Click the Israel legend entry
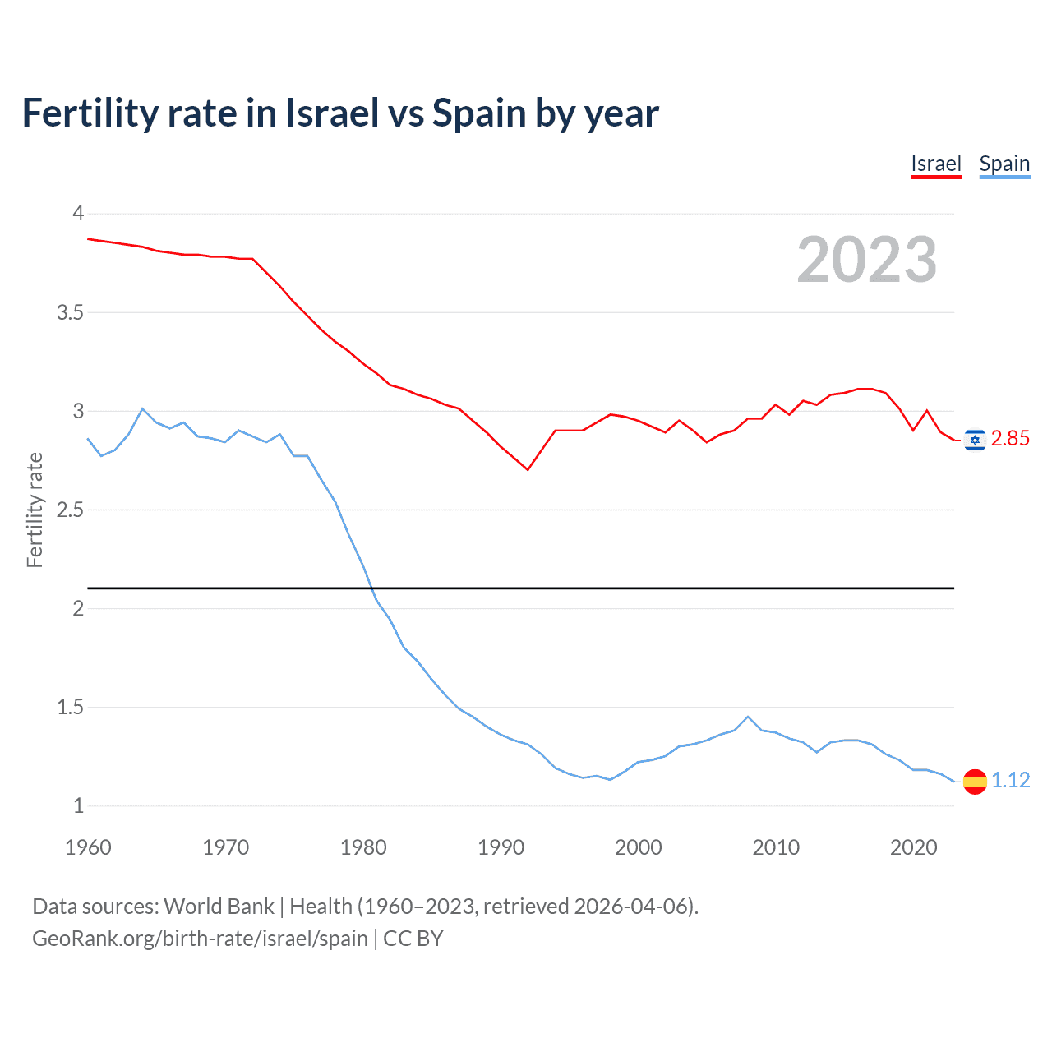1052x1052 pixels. pos(935,164)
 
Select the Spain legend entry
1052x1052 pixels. pos(1004,164)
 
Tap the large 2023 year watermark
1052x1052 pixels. pos(866,260)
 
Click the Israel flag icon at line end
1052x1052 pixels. pos(975,440)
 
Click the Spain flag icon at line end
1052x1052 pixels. pos(975,781)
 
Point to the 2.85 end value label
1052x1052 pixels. pos(1010,439)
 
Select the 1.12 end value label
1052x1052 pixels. pos(1010,780)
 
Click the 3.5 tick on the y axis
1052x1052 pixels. pos(70,312)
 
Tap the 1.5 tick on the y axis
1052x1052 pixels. pos(70,707)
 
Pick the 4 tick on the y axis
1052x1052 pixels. pos(78,214)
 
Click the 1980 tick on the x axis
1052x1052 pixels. pos(363,847)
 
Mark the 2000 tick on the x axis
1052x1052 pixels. pos(638,847)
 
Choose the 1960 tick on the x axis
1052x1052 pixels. pos(88,847)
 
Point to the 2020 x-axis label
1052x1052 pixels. pos(913,847)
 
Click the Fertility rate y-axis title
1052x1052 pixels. pos(35,510)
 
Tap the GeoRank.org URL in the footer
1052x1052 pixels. pos(200,939)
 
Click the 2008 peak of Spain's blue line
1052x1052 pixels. pos(748,717)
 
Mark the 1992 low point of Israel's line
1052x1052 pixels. pos(528,469)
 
